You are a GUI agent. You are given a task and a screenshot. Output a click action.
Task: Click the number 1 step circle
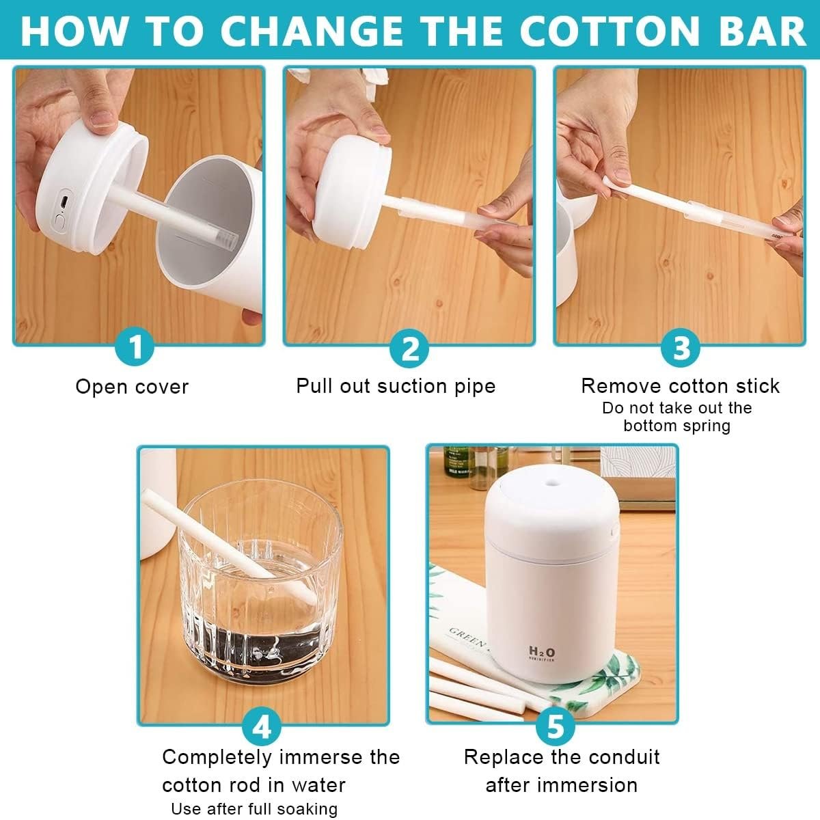tap(135, 347)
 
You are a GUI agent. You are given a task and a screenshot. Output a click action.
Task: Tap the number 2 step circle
tap(409, 348)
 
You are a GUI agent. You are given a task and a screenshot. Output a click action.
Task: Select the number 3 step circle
tap(680, 348)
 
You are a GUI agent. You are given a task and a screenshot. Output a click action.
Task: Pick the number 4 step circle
tap(262, 726)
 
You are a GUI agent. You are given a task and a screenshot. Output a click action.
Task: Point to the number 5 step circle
tap(555, 726)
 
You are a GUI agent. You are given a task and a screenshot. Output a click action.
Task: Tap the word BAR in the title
tap(762, 31)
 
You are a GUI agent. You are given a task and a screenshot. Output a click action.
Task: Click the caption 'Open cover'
tap(132, 387)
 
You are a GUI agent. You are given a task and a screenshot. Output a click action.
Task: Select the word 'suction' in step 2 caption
tap(411, 386)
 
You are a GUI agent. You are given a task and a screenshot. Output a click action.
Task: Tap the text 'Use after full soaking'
tap(254, 808)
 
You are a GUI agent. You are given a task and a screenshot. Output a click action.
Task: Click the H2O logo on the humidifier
tap(542, 651)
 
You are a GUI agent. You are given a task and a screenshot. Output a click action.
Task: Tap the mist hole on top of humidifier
tap(552, 482)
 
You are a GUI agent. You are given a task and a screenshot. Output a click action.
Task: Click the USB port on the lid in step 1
tap(64, 202)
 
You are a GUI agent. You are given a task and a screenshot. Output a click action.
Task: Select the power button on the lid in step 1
tap(59, 222)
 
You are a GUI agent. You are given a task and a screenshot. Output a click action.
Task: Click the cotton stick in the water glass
tap(229, 547)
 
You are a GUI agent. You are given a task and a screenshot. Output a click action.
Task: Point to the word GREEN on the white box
tap(467, 637)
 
